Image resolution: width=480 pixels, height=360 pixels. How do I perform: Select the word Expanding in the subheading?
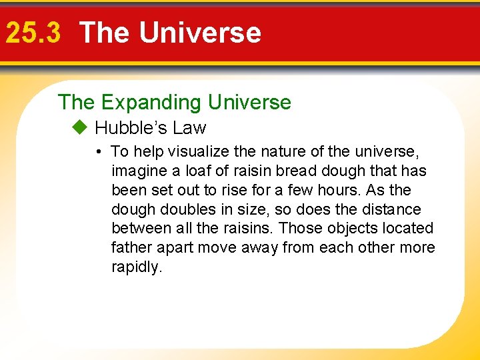click(x=151, y=102)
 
